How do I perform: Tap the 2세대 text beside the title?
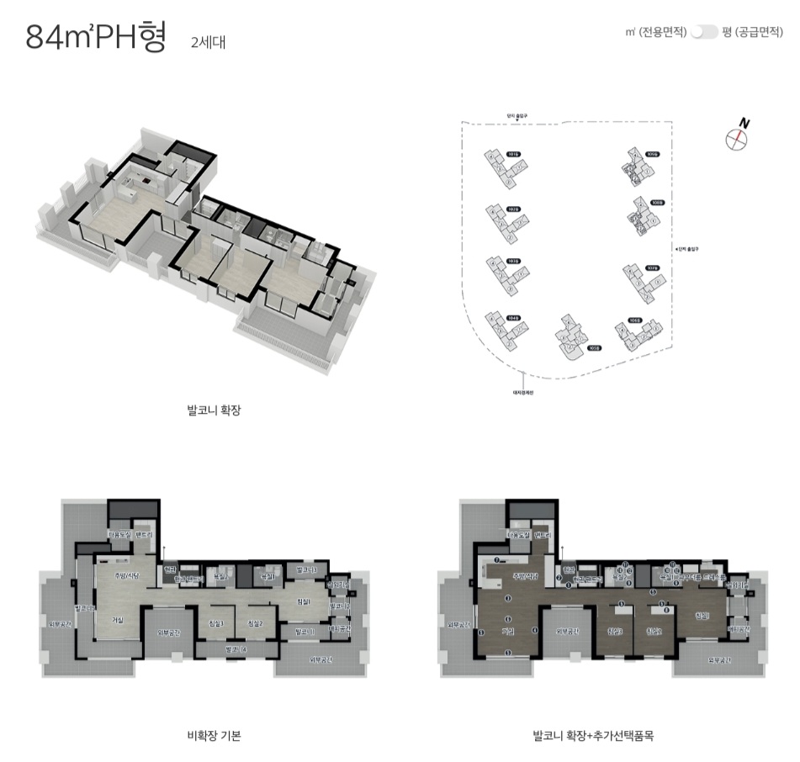(x=208, y=41)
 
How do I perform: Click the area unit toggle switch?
(x=704, y=32)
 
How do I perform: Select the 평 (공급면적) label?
(x=754, y=32)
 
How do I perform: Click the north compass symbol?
(x=737, y=137)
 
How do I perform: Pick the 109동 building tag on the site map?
(x=652, y=155)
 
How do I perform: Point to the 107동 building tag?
(x=651, y=268)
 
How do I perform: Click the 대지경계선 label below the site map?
(x=524, y=392)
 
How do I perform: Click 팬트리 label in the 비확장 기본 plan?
(x=142, y=535)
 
